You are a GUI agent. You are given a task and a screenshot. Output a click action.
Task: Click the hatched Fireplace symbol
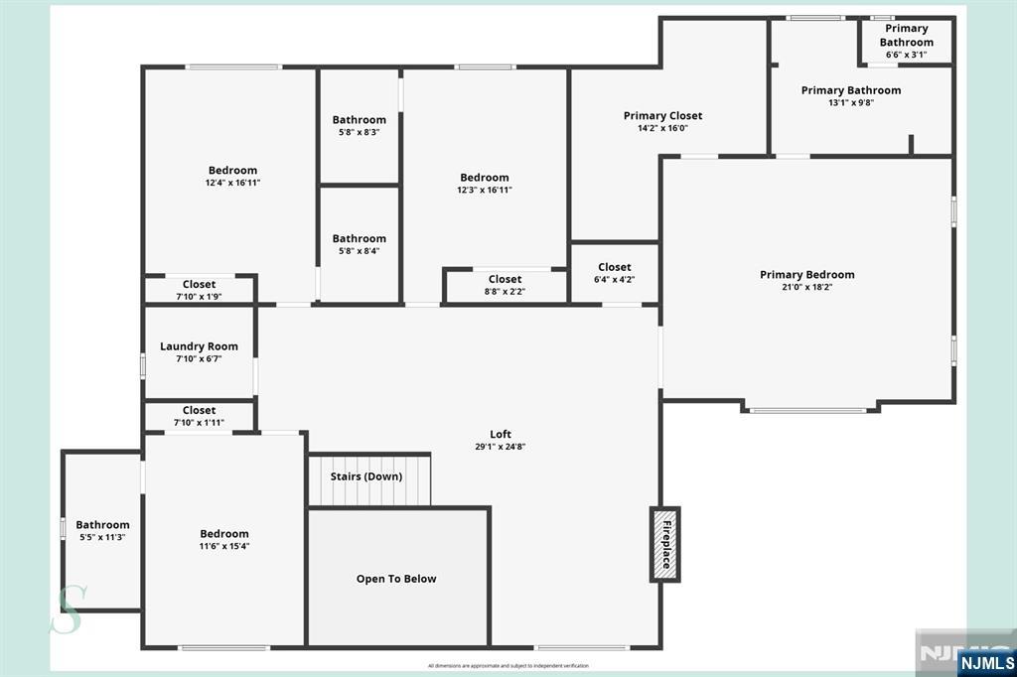pyautogui.click(x=664, y=544)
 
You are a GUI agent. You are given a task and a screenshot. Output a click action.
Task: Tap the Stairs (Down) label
pyautogui.click(x=366, y=476)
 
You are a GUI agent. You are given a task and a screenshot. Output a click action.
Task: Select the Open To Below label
pyautogui.click(x=396, y=579)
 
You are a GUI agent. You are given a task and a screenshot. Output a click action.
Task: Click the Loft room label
pyautogui.click(x=501, y=434)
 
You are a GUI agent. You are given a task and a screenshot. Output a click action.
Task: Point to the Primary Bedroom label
pyautogui.click(x=806, y=275)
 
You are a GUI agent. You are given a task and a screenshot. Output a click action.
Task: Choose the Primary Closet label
pyautogui.click(x=662, y=116)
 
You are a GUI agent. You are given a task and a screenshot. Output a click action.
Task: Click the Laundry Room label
pyautogui.click(x=199, y=346)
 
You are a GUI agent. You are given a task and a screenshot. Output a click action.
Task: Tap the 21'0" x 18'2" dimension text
pyautogui.click(x=806, y=288)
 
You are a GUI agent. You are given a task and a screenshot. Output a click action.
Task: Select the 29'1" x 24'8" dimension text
pyautogui.click(x=501, y=447)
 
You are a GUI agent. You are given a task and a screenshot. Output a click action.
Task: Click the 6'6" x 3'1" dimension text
pyautogui.click(x=906, y=55)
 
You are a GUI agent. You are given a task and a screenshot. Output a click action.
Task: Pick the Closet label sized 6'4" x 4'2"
pyautogui.click(x=615, y=267)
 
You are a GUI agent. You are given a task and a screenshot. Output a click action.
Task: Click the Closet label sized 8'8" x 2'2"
pyautogui.click(x=505, y=279)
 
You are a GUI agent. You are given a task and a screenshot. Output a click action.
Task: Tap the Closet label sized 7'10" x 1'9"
pyautogui.click(x=199, y=285)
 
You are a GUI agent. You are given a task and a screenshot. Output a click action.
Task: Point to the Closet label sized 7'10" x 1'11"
pyautogui.click(x=199, y=410)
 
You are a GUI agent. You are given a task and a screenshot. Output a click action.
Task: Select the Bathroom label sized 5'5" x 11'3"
pyautogui.click(x=102, y=525)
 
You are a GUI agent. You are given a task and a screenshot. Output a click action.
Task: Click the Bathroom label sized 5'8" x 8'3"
pyautogui.click(x=359, y=120)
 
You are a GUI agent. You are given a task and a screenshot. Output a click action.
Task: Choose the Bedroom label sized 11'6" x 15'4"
pyautogui.click(x=224, y=534)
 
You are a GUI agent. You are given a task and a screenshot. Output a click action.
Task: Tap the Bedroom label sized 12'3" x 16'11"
pyautogui.click(x=484, y=178)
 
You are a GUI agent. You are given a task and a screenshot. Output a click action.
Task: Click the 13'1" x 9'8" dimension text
pyautogui.click(x=851, y=102)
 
